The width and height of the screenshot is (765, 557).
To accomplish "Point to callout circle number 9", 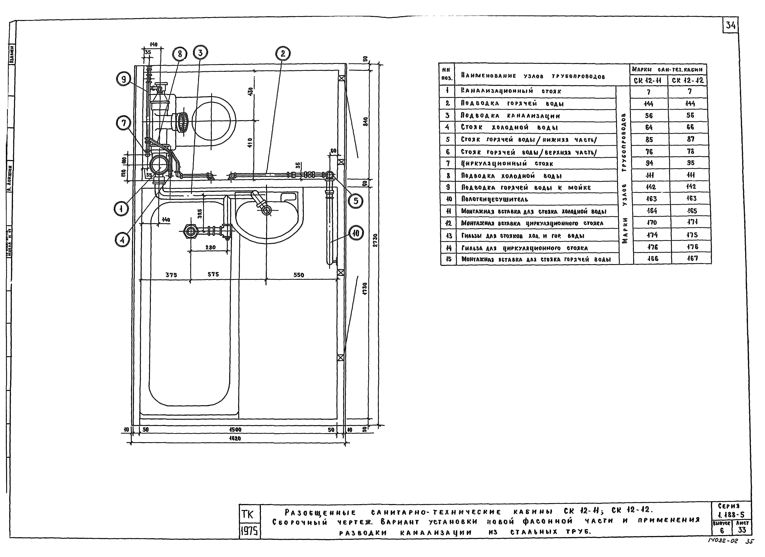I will pos(123,79).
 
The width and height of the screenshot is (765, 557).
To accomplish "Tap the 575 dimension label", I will pos(213,274).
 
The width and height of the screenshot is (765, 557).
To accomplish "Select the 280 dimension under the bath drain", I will pos(210,247).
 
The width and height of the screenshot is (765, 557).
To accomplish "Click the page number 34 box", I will pos(730,25).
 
